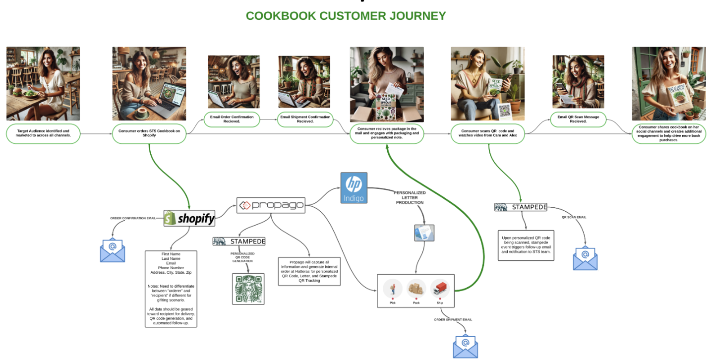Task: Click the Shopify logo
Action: tap(189, 218)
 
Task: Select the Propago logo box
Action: tap(270, 205)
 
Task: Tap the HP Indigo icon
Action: tap(354, 187)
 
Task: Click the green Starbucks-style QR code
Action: tap(248, 289)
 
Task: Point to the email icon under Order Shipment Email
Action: tap(465, 346)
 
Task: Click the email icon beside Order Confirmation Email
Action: tap(113, 250)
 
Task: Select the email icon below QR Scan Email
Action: tap(585, 258)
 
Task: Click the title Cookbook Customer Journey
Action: tap(346, 16)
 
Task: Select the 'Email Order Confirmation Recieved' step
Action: tap(232, 119)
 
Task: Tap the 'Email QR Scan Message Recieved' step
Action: tap(578, 119)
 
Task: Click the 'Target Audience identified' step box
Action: tap(43, 133)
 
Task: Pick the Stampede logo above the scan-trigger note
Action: tap(521, 207)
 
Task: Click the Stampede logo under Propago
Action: tap(239, 241)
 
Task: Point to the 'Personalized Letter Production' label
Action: tap(410, 197)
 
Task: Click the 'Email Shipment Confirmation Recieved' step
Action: tap(305, 119)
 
